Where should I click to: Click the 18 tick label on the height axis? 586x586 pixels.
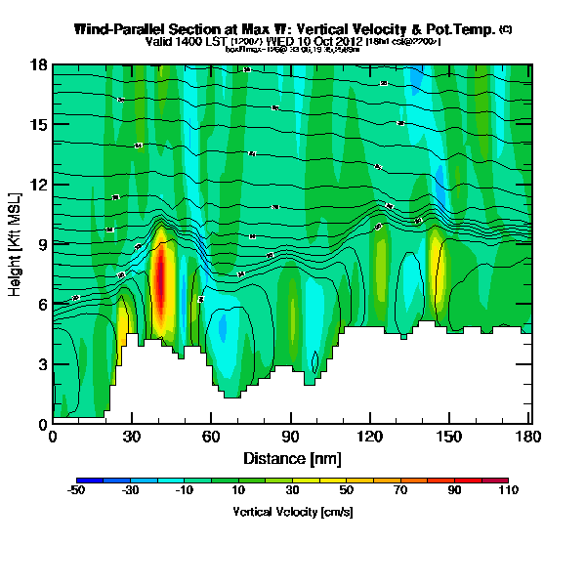36,65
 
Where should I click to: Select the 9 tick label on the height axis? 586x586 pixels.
40,244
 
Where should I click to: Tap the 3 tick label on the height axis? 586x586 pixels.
40,364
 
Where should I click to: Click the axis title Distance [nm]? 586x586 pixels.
292,458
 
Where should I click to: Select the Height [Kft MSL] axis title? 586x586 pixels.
16,244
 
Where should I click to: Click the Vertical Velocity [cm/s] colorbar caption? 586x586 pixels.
292,512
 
